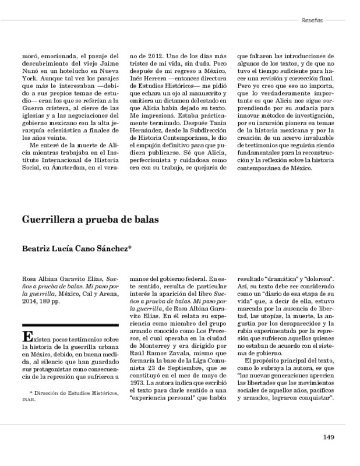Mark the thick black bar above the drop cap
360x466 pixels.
click(70, 323)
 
